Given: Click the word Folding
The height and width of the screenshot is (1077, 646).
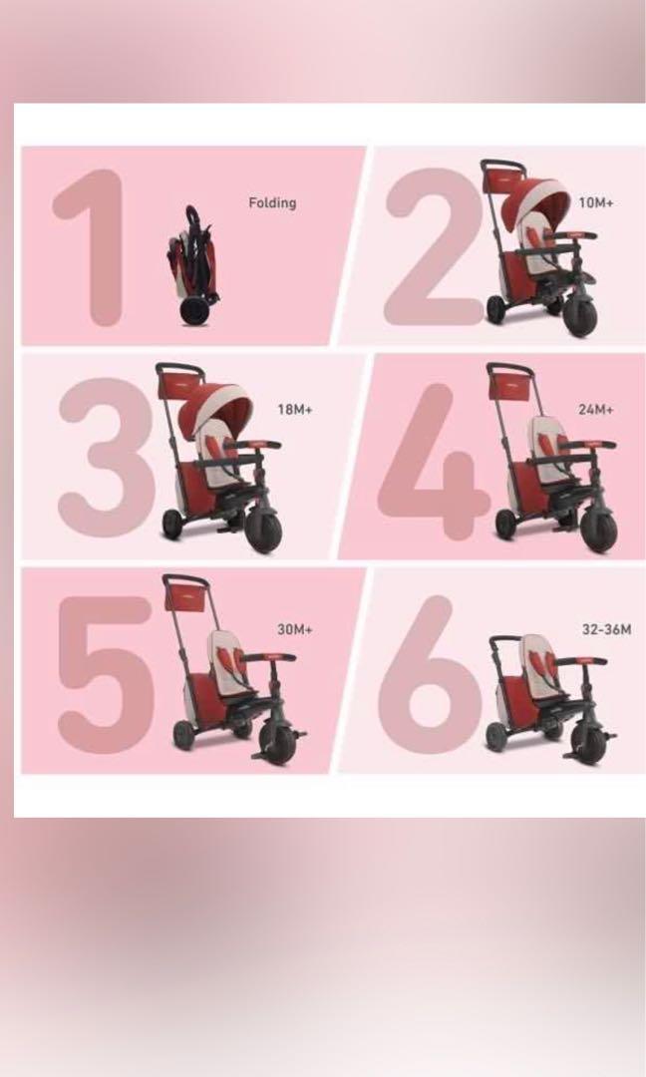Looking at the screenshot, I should [x=272, y=202].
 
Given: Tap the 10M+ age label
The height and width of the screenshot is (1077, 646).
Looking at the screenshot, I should [x=596, y=202].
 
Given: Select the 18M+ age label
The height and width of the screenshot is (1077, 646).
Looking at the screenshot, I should [x=295, y=409].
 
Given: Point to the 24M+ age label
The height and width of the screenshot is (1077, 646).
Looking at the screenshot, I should [x=596, y=409].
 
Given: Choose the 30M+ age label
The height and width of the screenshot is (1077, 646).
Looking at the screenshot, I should [x=295, y=629].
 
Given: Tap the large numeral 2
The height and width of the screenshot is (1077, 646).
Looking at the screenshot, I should [x=431, y=246].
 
